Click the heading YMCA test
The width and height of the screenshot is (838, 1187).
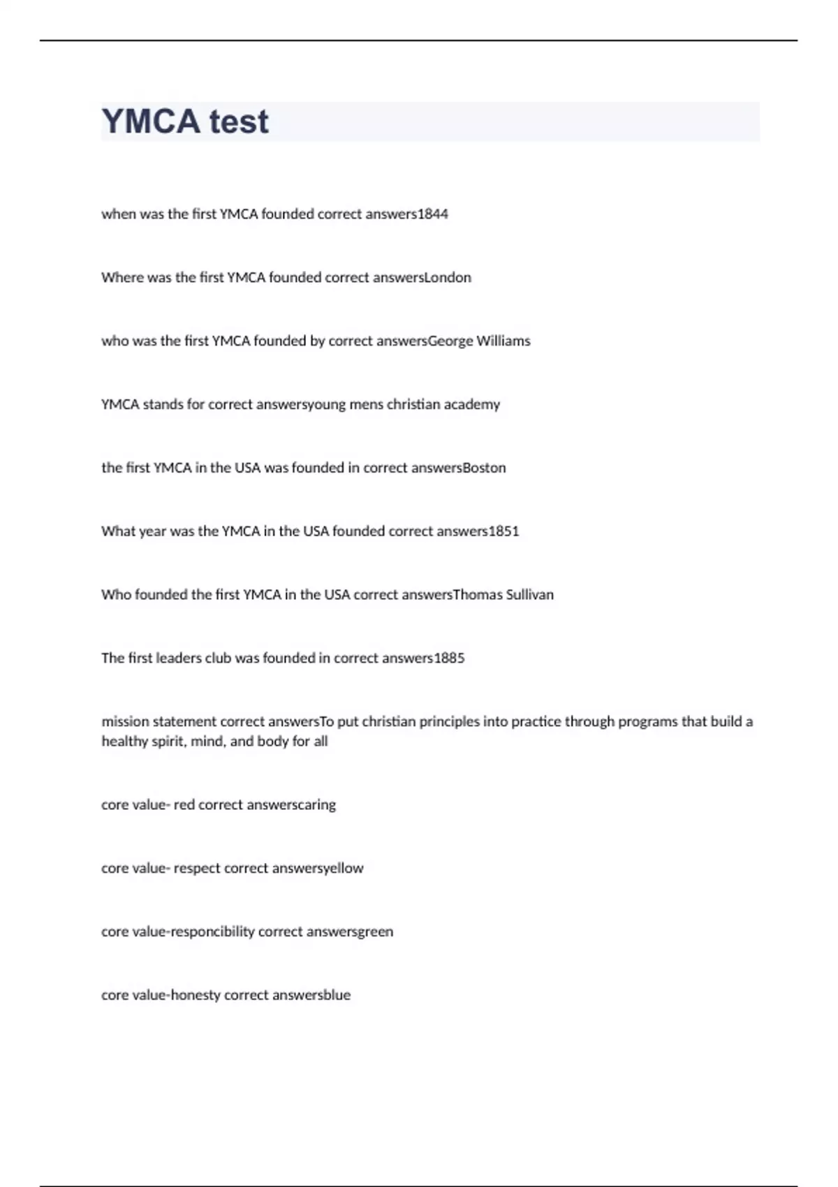click(185, 121)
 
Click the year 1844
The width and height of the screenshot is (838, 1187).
click(433, 214)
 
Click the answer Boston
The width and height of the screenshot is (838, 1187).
click(485, 468)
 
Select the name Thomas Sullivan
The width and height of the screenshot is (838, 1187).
click(503, 595)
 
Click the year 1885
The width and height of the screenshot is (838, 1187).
click(449, 658)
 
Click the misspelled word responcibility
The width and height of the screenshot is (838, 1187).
click(213, 932)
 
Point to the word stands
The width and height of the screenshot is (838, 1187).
click(163, 405)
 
